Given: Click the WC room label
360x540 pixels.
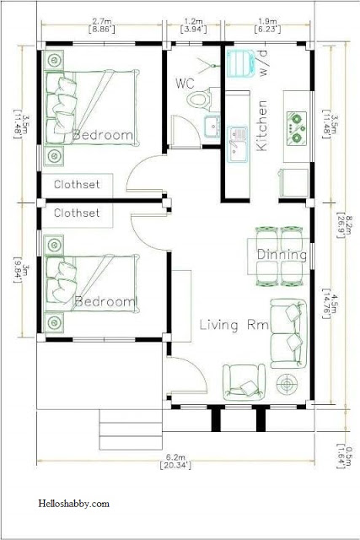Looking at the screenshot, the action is pyautogui.click(x=185, y=84).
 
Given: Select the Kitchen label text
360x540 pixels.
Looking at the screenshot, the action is pyautogui.click(x=261, y=126).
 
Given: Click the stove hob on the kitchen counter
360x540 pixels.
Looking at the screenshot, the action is pyautogui.click(x=297, y=127).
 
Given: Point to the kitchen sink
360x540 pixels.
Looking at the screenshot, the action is pyautogui.click(x=238, y=144).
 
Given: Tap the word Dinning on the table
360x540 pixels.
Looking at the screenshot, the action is pyautogui.click(x=282, y=255).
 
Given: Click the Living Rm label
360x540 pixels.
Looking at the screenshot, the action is pyautogui.click(x=234, y=325).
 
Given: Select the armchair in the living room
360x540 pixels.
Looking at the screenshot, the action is pyautogui.click(x=244, y=382).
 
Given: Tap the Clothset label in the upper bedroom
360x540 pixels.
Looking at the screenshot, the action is pyautogui.click(x=77, y=184).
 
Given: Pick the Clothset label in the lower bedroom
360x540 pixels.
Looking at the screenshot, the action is pyautogui.click(x=77, y=213).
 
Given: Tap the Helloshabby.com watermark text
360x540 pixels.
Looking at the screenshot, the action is pyautogui.click(x=73, y=504).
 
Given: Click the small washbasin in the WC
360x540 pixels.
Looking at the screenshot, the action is pyautogui.click(x=212, y=127).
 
